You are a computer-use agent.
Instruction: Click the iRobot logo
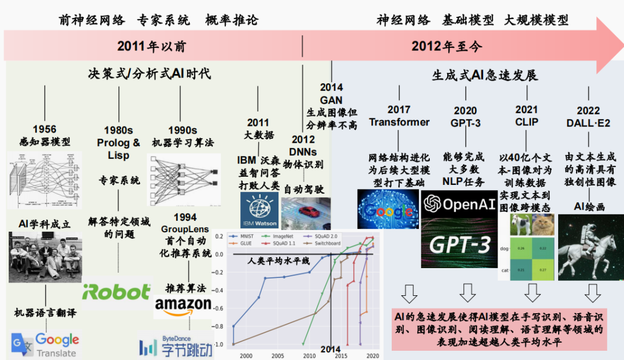click(x=117, y=292)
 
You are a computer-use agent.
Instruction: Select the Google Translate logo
click(x=45, y=344)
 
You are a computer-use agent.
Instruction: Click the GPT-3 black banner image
click(x=459, y=245)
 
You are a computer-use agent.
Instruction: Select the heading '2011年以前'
click(x=151, y=46)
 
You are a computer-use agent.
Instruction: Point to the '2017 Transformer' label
click(x=399, y=116)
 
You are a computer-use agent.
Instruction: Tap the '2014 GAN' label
click(x=331, y=94)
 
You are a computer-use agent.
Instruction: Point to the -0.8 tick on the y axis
click(x=218, y=326)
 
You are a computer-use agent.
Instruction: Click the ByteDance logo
click(x=176, y=347)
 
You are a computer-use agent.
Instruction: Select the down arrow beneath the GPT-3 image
click(x=467, y=294)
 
